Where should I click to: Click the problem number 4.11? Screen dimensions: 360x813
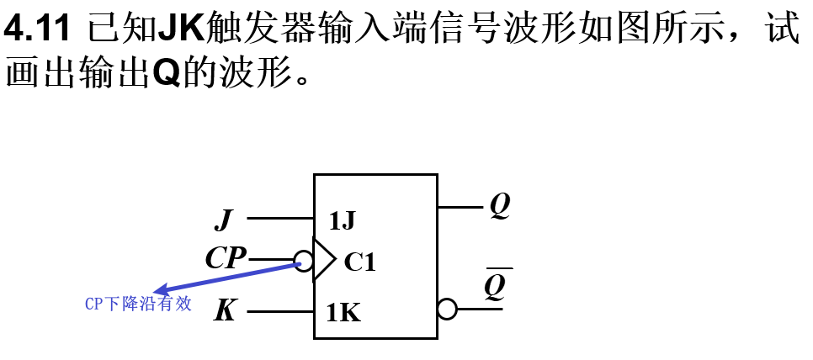coord(37,31)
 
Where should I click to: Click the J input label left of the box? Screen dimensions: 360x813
coord(223,220)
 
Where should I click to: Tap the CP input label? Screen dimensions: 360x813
coord(226,258)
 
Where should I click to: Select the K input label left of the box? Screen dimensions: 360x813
coord(225,311)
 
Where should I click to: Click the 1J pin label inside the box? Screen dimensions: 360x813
coord(342,221)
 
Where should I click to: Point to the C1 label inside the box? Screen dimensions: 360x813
coord(360,262)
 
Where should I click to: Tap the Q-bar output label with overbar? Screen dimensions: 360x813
coord(496,286)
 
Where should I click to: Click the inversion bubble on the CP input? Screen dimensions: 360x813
coord(303,260)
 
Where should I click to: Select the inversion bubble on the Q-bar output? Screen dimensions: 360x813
coord(447,310)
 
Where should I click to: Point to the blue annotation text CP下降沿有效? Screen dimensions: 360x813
coord(138,304)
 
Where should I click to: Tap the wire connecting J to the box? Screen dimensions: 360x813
coord(280,219)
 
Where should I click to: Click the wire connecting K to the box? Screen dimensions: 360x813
coord(280,312)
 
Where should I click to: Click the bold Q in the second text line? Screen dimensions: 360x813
coord(167,76)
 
